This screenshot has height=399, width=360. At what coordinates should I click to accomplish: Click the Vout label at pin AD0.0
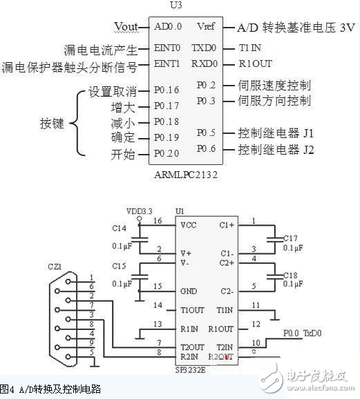(126, 27)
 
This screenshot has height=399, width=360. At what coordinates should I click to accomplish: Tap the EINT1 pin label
(167, 64)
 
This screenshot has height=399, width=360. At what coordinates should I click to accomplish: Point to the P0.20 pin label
(167, 154)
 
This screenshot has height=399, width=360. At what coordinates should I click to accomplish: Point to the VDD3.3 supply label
(141, 211)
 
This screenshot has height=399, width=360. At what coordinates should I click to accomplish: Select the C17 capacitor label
(291, 240)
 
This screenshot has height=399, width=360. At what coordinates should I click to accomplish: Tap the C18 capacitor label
(291, 275)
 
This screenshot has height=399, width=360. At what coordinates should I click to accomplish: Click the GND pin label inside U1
(187, 291)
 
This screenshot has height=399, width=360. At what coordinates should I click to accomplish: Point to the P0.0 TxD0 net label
(302, 333)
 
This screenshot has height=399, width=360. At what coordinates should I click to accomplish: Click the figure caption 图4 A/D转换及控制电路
(51, 389)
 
